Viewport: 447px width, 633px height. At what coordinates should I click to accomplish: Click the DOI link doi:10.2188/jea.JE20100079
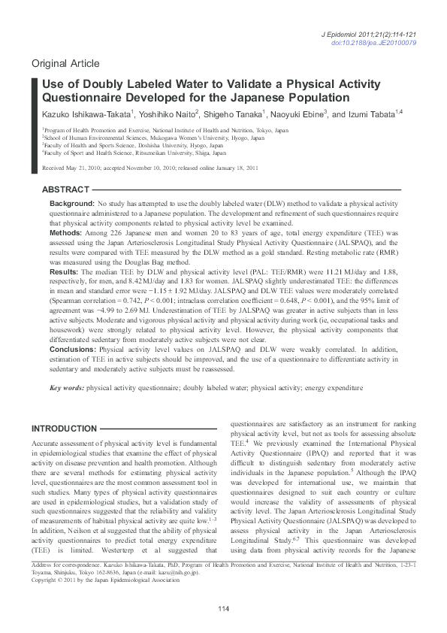pos(385,44)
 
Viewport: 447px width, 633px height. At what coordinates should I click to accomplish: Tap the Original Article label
pos(65,62)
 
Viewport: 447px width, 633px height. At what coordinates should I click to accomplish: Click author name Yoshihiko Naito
pos(167,114)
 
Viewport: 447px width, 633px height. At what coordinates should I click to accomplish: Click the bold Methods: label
pos(66,233)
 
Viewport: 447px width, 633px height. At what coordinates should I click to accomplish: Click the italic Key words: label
pos(67,387)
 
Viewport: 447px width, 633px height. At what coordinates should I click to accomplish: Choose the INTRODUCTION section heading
pos(64,429)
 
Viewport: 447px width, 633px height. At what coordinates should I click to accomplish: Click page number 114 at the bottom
pos(223,609)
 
